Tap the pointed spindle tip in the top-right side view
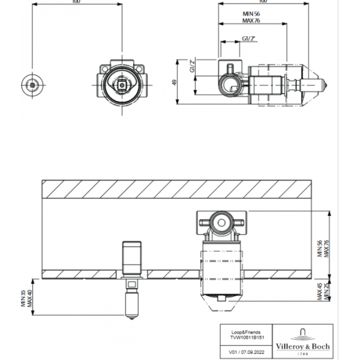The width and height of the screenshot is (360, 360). (x=325, y=84)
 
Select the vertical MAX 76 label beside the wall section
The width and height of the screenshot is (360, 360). (x=328, y=245)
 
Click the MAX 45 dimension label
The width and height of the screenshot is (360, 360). (x=321, y=292)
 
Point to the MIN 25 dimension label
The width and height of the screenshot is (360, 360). (x=328, y=292)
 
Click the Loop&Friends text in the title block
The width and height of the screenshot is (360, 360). (x=243, y=331)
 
